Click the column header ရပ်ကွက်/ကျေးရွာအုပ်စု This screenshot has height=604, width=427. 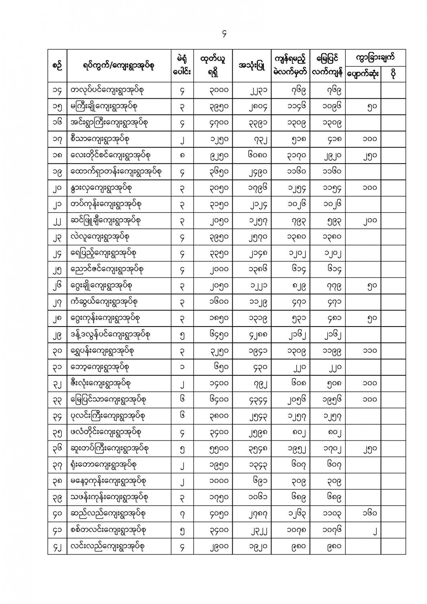coord(119,66)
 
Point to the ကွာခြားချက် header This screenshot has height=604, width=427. coord(375,58)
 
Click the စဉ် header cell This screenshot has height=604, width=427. coord(57,66)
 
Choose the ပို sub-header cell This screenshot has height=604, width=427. coord(393,74)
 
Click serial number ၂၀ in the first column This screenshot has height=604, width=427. coord(57,188)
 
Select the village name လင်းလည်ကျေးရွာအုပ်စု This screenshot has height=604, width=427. coord(107,546)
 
